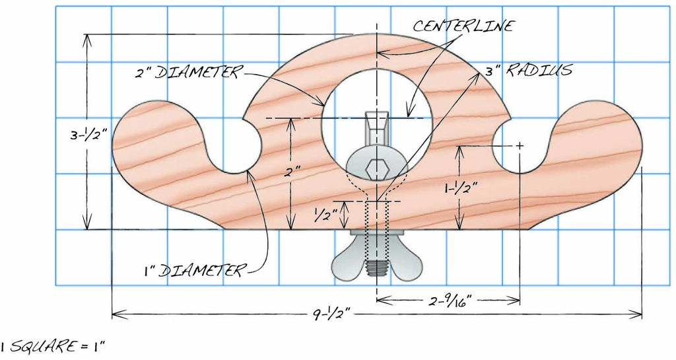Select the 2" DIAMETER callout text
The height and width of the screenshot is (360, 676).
189,71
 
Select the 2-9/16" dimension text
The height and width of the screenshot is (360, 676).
449,301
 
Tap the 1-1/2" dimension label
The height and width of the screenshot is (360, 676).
458,188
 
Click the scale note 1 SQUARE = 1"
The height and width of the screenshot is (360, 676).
53,345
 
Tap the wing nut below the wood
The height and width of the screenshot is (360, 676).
376,259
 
